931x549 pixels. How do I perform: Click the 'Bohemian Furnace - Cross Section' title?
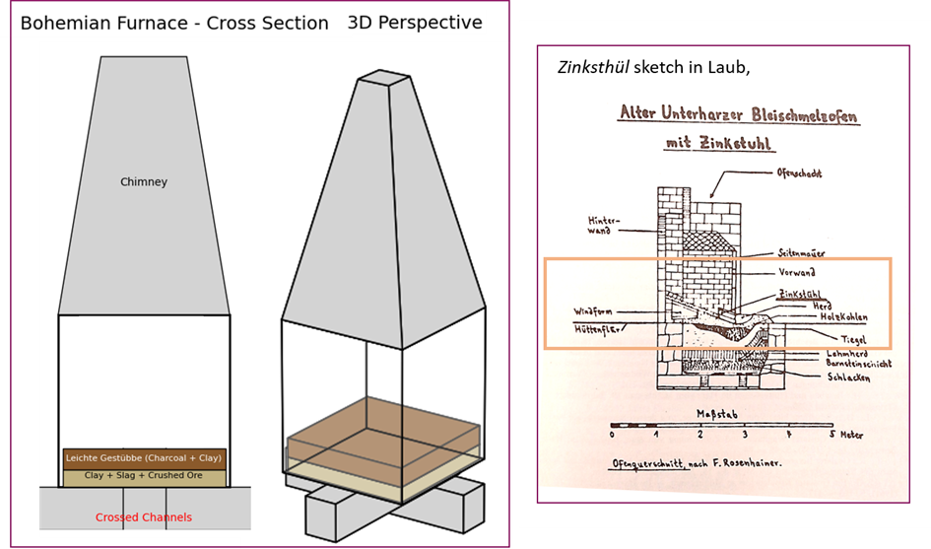pyautogui.click(x=174, y=24)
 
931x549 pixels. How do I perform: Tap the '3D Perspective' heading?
pyautogui.click(x=417, y=22)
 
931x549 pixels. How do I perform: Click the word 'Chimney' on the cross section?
pyautogui.click(x=144, y=182)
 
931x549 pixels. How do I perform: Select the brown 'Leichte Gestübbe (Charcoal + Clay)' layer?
pyautogui.click(x=144, y=458)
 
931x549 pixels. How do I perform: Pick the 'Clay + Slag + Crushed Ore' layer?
pyautogui.click(x=144, y=476)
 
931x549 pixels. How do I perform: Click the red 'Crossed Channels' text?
pyautogui.click(x=144, y=517)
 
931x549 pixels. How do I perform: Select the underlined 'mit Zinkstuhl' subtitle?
pyautogui.click(x=719, y=144)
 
